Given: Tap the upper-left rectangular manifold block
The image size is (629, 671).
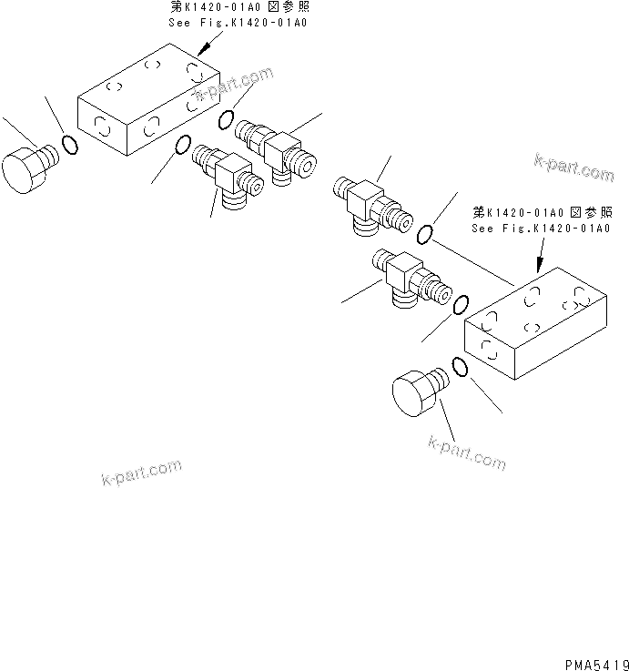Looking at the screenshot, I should click(x=148, y=105).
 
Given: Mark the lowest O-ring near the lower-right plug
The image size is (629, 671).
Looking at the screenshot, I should click(x=460, y=367).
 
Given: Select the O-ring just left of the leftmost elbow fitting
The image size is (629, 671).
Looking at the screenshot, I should click(x=182, y=146).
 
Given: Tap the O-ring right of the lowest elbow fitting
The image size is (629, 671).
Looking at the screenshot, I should click(x=462, y=303).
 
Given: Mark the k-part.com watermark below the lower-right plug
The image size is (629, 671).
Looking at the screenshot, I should click(x=466, y=452).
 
